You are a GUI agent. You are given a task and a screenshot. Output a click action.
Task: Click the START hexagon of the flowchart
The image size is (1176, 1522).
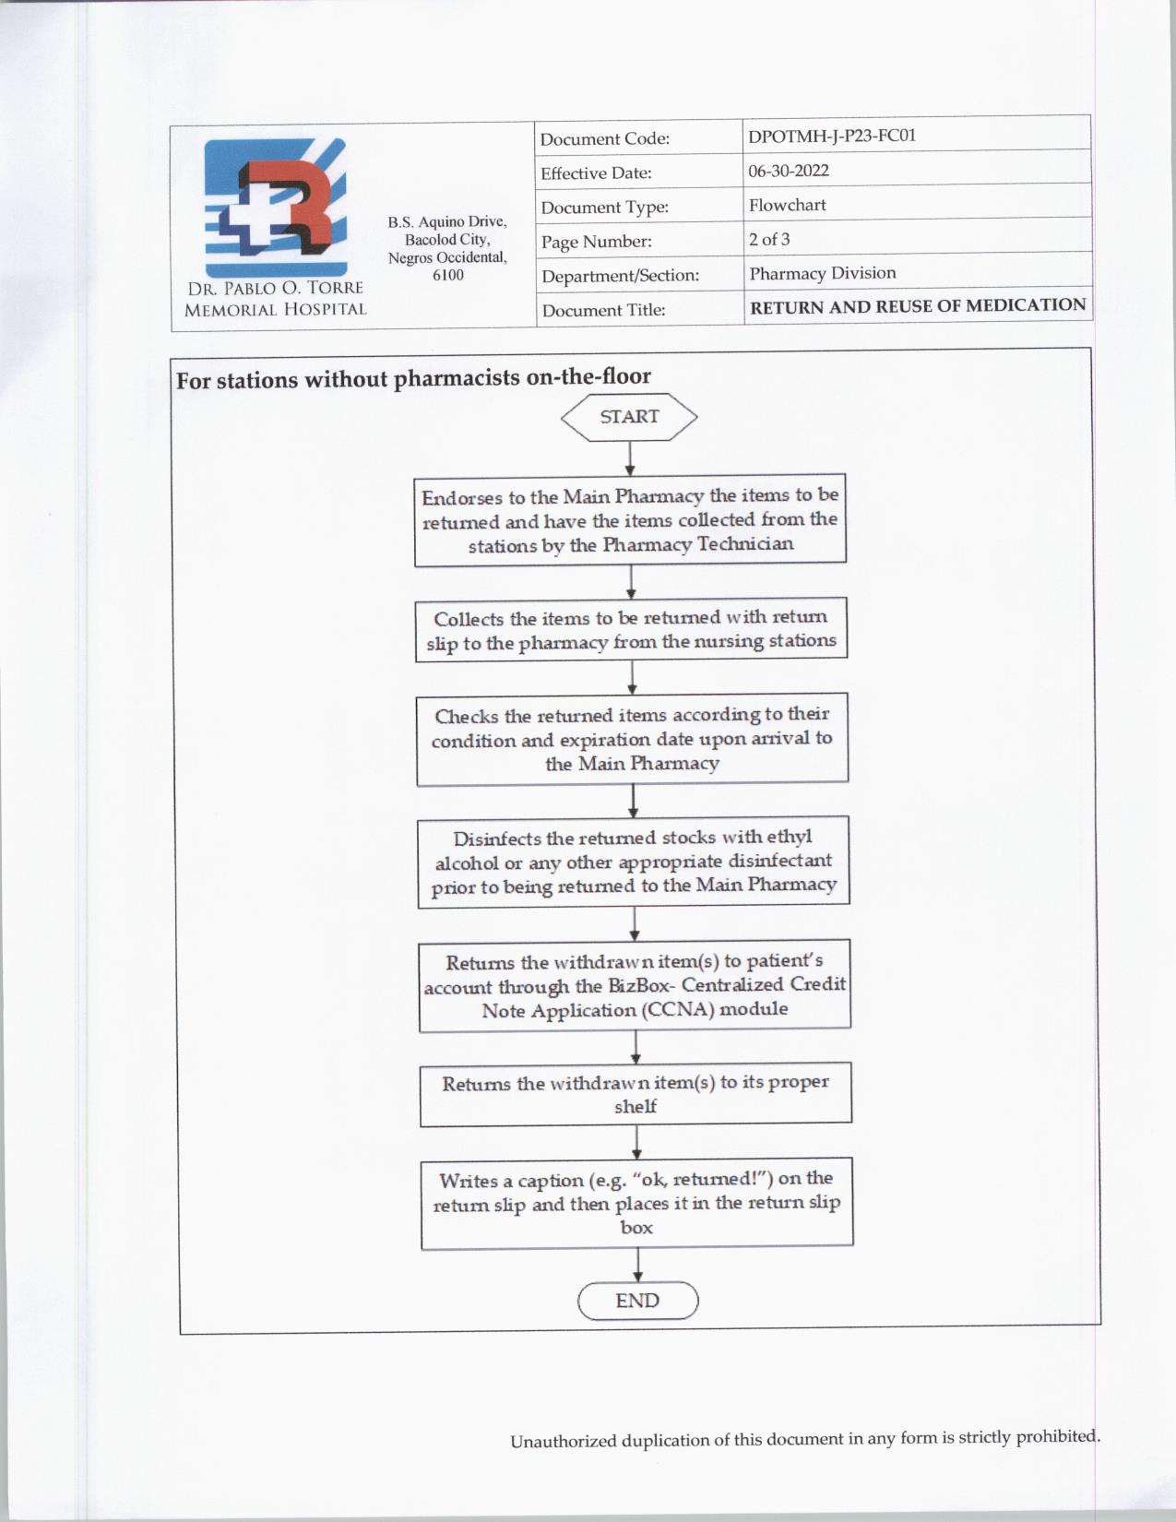coord(629,417)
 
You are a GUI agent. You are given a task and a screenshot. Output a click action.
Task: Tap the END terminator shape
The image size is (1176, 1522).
coord(637,1301)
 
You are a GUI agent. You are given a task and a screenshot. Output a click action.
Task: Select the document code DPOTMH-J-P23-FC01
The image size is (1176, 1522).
coord(832,137)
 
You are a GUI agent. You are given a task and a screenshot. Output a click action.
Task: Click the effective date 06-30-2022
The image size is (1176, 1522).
coord(789,171)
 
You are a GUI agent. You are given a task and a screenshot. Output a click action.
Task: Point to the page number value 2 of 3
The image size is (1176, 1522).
coord(769,240)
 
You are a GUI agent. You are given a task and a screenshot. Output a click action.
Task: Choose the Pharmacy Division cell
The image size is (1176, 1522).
coord(823,273)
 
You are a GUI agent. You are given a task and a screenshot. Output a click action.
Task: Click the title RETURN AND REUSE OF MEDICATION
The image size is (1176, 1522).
coord(918,306)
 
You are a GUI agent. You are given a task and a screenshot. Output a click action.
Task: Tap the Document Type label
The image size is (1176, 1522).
coord(605,208)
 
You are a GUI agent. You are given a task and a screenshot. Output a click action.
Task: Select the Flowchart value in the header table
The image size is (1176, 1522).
coord(788,205)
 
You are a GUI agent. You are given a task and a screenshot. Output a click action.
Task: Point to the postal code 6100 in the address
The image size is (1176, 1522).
coord(448,275)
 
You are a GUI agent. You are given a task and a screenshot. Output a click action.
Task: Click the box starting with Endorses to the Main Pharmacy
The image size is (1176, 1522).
coord(630,520)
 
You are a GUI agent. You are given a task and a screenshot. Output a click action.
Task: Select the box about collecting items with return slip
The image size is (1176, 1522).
coord(631,629)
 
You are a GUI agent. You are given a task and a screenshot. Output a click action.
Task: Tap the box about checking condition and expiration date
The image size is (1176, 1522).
coord(632,739)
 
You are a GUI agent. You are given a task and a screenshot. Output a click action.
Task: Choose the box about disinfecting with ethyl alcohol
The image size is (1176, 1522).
coord(634,862)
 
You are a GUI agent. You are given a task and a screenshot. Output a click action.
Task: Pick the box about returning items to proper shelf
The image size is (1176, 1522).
coord(636,1094)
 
